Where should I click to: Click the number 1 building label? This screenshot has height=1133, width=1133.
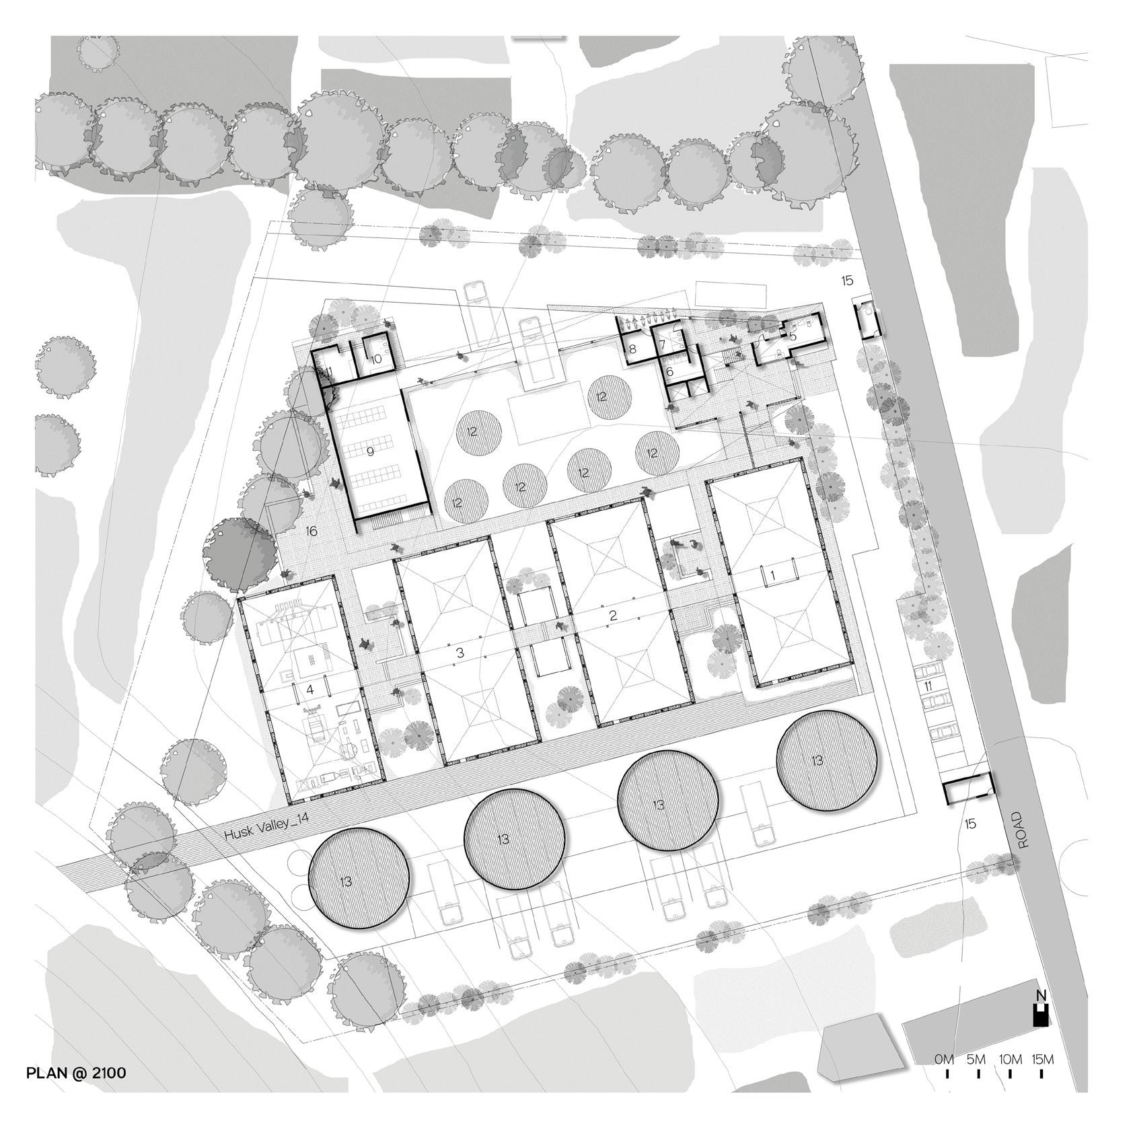(x=774, y=575)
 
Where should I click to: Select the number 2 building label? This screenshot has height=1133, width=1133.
(x=613, y=615)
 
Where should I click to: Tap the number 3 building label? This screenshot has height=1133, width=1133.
(x=460, y=653)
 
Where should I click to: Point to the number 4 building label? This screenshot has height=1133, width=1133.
(x=310, y=690)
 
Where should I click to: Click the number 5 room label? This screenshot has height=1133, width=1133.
(x=793, y=335)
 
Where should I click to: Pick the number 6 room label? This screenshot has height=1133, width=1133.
(x=670, y=370)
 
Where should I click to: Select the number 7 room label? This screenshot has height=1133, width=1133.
(x=662, y=344)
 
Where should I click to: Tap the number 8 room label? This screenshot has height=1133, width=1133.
(x=632, y=349)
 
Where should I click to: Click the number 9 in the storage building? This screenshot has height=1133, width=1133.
(x=370, y=451)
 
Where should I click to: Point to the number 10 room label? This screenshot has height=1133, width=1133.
(x=376, y=359)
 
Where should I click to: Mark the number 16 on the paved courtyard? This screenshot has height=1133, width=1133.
(x=311, y=532)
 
